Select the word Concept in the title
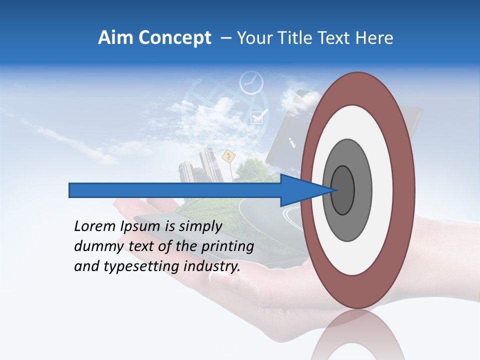point(174,38)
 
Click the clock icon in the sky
point(251,83)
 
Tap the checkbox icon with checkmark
point(258,116)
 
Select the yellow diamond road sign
point(228,156)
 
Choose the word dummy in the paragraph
point(93,246)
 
